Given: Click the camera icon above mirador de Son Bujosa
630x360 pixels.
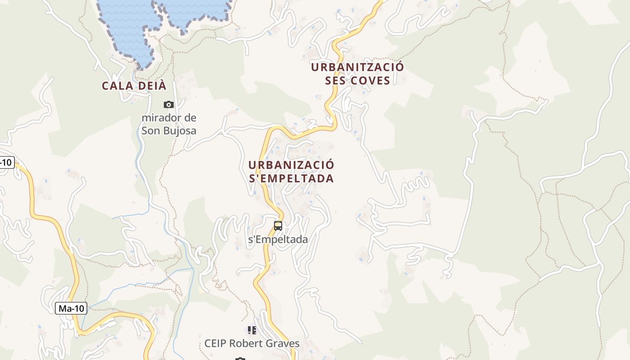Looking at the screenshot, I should coord(169,104).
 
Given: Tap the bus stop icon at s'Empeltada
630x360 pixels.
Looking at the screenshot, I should coord(278,226).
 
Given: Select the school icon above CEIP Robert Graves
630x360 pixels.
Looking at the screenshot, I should coord(252,330).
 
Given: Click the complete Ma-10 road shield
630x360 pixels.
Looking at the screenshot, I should coord(71,308).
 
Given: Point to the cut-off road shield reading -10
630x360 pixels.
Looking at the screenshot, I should coord(6,162).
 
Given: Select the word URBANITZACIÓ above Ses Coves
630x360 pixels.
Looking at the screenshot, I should coord(357,67).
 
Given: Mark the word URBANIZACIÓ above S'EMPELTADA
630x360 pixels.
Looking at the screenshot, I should coord(291,165).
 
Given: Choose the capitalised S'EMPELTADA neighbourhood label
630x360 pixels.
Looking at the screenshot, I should coord(291,178).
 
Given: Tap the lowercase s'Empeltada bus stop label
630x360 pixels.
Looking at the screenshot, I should coord(278,239).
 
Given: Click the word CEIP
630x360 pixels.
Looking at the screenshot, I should coord(215,344).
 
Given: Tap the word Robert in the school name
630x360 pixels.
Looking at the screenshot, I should coord(245,344).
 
